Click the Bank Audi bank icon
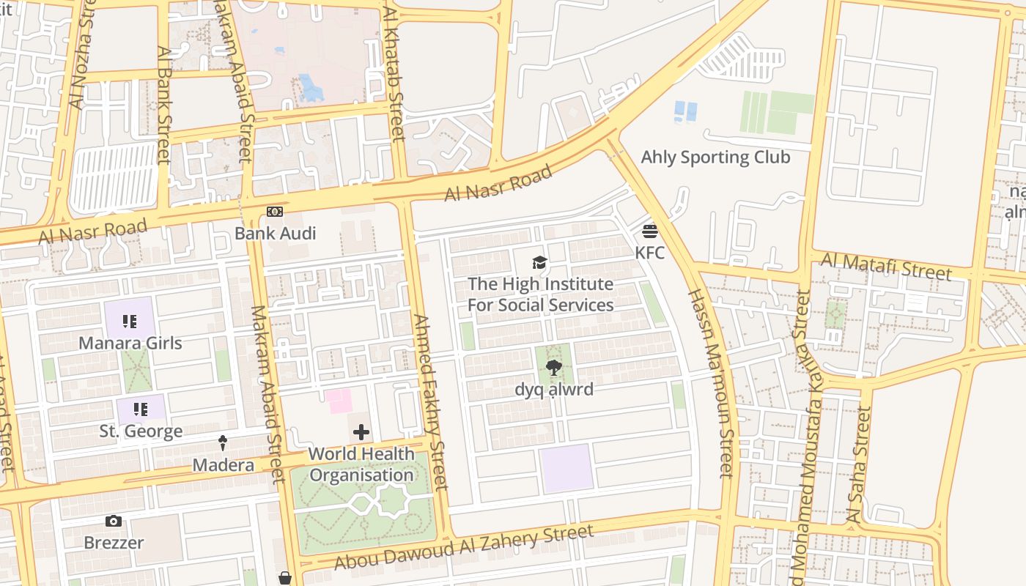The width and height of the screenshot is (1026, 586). pos(275,212)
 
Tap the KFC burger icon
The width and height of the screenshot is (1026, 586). pos(649,232)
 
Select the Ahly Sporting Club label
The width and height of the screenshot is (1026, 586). pos(715,157)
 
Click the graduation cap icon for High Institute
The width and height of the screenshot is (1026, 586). pos(539,263)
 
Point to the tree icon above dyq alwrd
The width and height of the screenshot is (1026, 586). pos(553,368)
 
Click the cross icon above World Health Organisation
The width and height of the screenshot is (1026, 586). pos(361,433)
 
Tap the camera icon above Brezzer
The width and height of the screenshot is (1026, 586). pos(114,522)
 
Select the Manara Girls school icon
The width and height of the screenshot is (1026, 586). pos(130,322)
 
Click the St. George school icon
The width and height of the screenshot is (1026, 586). pos(140,409)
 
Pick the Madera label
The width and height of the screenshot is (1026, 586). pos(223,465)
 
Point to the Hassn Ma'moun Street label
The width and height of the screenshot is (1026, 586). pos(709,383)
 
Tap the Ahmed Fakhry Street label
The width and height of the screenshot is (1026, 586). pos(430,402)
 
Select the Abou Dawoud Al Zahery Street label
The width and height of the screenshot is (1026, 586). pos(463,547)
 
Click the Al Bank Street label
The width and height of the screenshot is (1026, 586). pos(163,105)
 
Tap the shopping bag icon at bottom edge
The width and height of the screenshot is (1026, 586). pos(285,579)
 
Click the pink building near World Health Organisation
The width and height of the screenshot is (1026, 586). pos(339,401)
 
